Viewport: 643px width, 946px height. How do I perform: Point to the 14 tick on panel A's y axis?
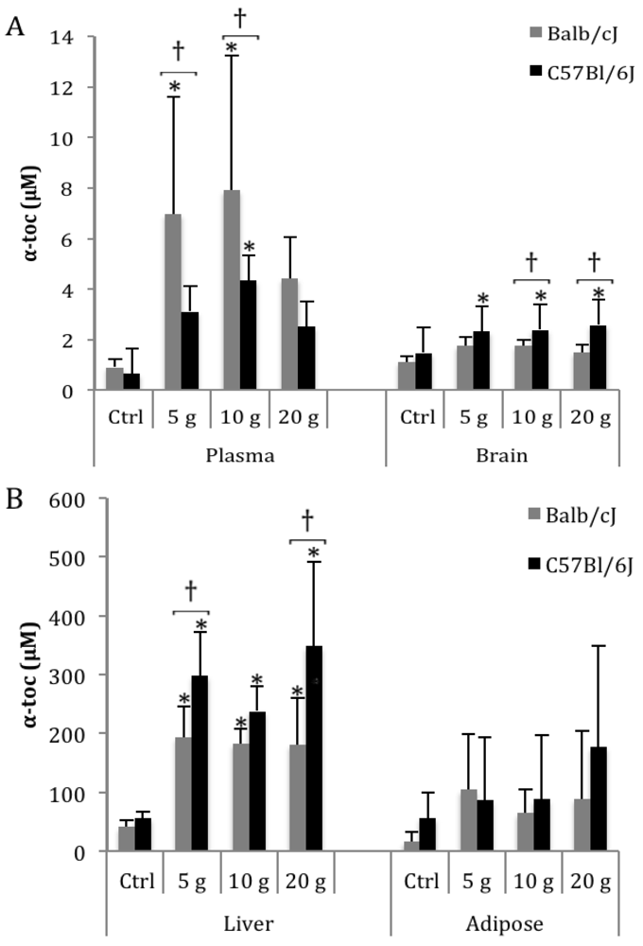[x=74, y=38]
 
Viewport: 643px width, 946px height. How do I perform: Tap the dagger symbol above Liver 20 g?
[x=306, y=519]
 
